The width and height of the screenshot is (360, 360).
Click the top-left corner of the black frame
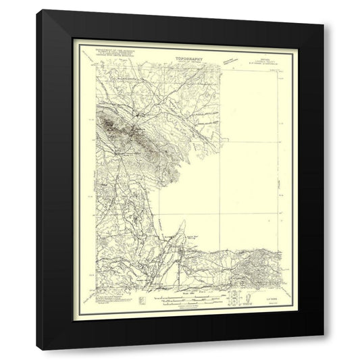tap(37, 11)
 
